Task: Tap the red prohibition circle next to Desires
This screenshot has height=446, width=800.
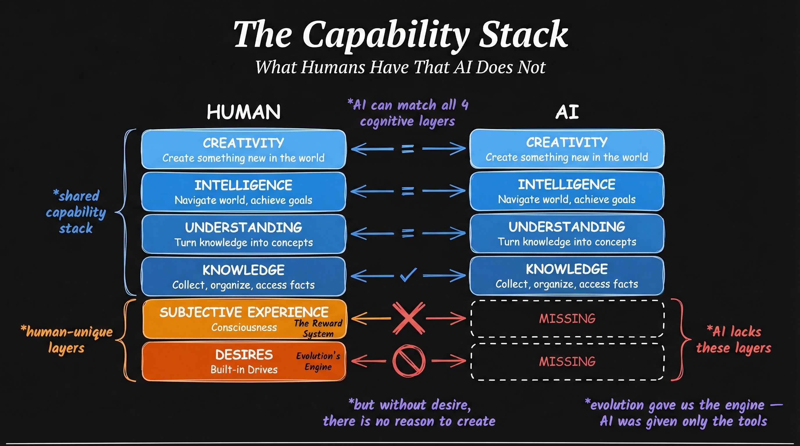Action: [x=409, y=361]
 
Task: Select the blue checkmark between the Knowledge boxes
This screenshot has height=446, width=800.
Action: [x=408, y=275]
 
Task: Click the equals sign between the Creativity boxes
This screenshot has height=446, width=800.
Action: [x=408, y=149]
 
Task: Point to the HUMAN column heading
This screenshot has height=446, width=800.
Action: [x=244, y=112]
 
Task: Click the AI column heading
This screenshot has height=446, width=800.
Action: [x=567, y=112]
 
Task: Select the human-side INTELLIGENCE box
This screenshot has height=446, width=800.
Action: [x=244, y=192]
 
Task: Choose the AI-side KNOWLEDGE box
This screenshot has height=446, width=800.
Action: [x=567, y=276]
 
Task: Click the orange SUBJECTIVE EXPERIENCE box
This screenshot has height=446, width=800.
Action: [x=244, y=319]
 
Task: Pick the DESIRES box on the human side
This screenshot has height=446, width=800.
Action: [x=244, y=362]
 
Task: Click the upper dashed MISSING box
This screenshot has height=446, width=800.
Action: [x=567, y=319]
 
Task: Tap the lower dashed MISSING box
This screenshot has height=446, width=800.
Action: [x=567, y=362]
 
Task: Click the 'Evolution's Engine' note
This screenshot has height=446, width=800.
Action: [x=318, y=361]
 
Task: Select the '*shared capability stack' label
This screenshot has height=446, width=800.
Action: [x=76, y=212]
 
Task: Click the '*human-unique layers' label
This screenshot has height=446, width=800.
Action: [x=67, y=340]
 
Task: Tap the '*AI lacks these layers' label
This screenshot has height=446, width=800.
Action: [x=733, y=340]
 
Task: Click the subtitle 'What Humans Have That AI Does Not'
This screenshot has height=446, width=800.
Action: [x=400, y=67]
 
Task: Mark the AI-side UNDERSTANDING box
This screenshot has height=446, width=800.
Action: [x=567, y=233]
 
